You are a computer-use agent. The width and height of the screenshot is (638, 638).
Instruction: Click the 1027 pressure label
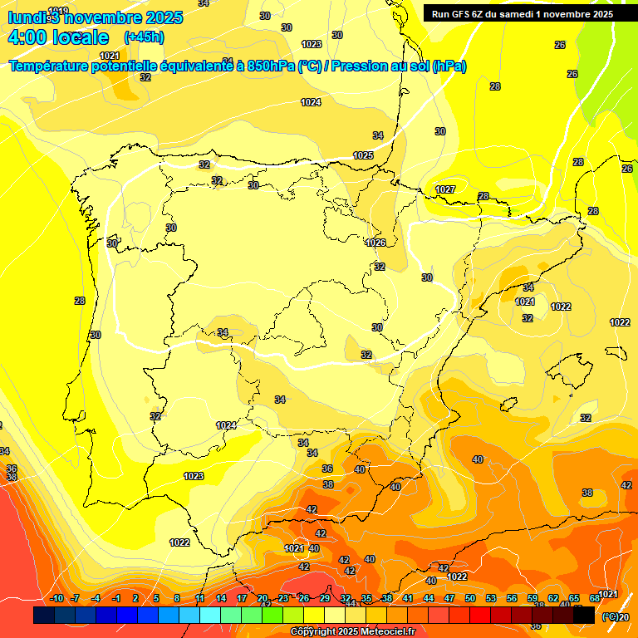[x=445, y=189]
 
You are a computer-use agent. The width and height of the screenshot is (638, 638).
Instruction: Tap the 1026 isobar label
[x=375, y=243]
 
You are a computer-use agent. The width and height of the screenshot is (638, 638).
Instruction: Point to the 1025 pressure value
[x=363, y=155]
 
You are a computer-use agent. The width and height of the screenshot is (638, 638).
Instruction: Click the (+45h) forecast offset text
[x=143, y=37]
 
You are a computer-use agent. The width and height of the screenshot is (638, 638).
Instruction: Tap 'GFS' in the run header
[x=459, y=13]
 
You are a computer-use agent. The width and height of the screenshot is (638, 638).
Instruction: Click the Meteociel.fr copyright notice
[x=353, y=632]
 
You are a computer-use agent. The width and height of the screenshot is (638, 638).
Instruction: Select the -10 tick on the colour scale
[x=56, y=598]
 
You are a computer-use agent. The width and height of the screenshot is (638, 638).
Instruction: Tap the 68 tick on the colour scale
[x=595, y=598]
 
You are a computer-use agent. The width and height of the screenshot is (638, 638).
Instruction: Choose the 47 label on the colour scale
[x=449, y=598]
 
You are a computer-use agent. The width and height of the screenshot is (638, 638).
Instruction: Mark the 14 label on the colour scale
[x=221, y=598]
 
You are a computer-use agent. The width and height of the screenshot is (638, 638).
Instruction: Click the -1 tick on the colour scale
[x=116, y=598]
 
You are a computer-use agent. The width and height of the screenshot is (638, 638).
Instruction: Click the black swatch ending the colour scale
[x=584, y=615]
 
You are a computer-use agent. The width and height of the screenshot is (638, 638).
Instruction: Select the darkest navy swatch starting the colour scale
[x=44, y=615]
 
